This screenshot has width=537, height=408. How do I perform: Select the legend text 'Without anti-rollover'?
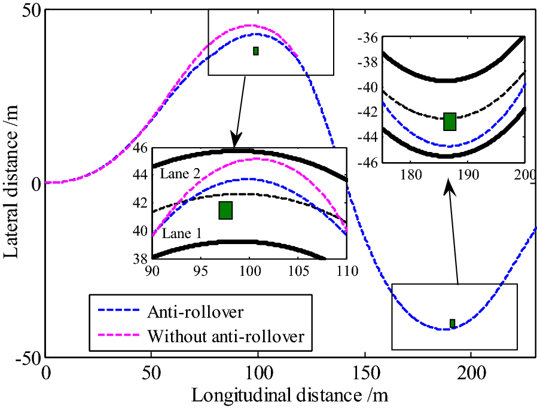[x=225, y=337]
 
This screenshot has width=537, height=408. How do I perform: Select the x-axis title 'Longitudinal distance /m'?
[x=290, y=395]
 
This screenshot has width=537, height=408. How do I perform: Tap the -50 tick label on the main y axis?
[x=28, y=358]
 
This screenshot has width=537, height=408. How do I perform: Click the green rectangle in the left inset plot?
[x=225, y=211]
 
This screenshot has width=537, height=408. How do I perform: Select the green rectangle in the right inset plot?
[x=450, y=121]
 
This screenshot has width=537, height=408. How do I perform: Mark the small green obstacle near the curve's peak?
[x=256, y=51]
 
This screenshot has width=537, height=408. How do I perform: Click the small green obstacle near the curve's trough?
[x=453, y=324]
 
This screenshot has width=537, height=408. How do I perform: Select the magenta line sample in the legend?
[x=116, y=337]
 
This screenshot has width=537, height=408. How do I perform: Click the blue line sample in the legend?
[x=116, y=312]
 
